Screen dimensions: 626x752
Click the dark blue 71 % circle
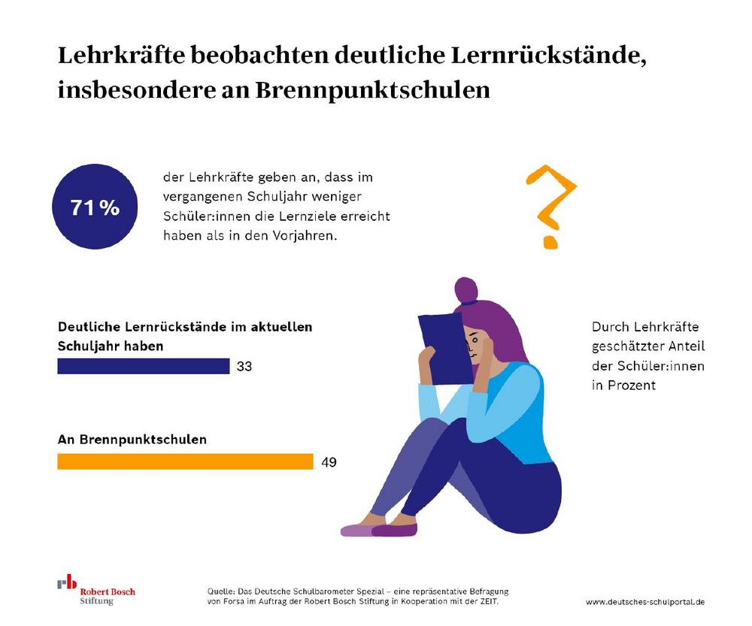(95, 207)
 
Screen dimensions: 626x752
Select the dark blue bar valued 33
(144, 366)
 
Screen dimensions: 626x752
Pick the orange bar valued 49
(185, 461)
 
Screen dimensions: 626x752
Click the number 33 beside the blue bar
(244, 367)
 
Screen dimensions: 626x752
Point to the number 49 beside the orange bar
(329, 462)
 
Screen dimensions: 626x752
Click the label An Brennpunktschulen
(132, 440)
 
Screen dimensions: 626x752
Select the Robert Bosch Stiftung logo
(96, 591)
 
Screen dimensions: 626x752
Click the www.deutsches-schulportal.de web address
(645, 603)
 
